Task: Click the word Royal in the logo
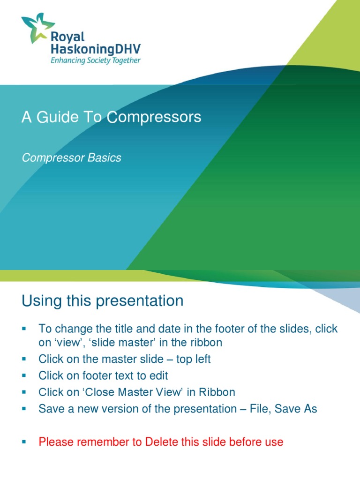coord(67,36)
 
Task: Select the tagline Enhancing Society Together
coord(96,60)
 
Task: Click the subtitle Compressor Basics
coord(71,157)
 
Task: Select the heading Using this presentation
coord(102,301)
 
